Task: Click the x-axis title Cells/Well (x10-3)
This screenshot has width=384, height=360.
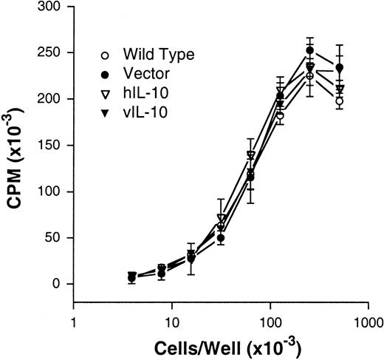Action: click(x=222, y=345)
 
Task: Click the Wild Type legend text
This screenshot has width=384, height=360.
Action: click(x=151, y=55)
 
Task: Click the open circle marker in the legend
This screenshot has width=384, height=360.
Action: click(x=106, y=55)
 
